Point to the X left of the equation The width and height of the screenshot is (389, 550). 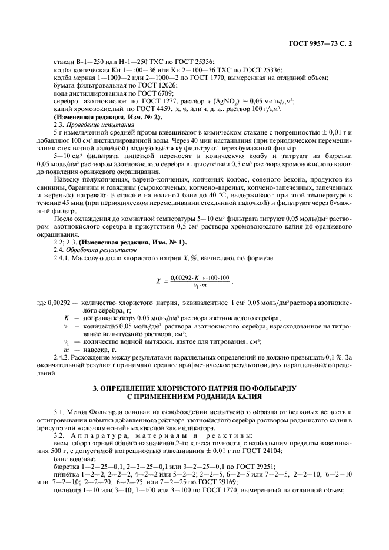pos(158,281)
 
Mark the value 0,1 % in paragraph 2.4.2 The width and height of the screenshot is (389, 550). pos(335,357)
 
